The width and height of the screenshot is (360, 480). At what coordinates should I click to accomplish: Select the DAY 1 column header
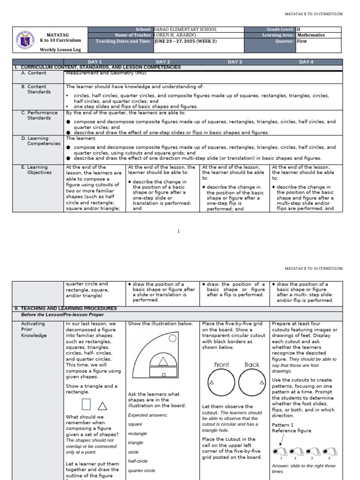(95, 62)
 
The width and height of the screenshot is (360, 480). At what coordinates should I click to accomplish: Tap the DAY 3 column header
(235, 62)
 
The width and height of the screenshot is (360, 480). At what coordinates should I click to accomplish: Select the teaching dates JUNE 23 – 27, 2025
(186, 41)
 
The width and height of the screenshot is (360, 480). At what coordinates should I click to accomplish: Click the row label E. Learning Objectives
(37, 170)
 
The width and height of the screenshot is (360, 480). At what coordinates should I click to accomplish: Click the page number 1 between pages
(179, 231)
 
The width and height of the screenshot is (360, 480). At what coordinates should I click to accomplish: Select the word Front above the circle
(222, 365)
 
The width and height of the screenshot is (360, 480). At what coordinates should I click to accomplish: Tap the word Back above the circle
(252, 365)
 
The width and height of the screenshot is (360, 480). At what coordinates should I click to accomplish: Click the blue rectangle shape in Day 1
(86, 404)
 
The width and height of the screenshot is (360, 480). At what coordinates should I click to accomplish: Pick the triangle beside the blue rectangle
(102, 406)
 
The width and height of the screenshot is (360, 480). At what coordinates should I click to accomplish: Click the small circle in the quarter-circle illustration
(172, 338)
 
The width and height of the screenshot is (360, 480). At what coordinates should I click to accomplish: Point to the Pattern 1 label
(283, 425)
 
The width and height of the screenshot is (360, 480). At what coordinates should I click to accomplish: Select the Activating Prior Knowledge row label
(33, 330)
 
